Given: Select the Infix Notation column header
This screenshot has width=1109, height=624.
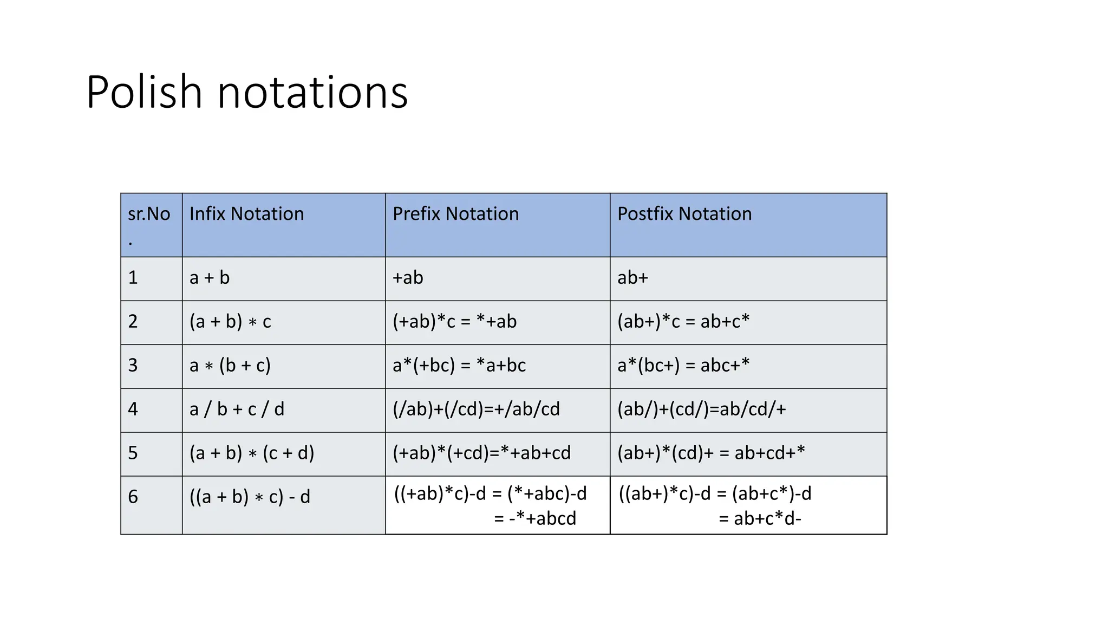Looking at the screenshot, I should pyautogui.click(x=246, y=214).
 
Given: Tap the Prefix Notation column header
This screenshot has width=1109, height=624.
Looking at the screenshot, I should pyautogui.click(x=455, y=214).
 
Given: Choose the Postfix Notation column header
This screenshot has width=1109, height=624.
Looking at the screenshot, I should pyautogui.click(x=684, y=214).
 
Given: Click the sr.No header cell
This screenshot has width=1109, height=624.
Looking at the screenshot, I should pyautogui.click(x=149, y=214).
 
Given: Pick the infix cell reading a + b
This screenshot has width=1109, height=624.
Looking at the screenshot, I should pyautogui.click(x=210, y=278).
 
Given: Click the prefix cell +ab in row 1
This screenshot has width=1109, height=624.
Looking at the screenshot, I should pyautogui.click(x=408, y=278).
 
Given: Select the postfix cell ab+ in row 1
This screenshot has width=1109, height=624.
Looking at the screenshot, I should pyautogui.click(x=632, y=278).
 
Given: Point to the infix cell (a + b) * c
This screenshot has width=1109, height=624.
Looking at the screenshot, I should pyautogui.click(x=230, y=322).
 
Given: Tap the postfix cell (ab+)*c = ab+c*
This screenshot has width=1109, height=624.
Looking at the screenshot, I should pyautogui.click(x=683, y=322).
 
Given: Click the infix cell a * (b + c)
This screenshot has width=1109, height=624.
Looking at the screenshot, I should pyautogui.click(x=230, y=366).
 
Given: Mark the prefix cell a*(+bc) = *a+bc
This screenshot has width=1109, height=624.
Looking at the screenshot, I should pyautogui.click(x=459, y=366).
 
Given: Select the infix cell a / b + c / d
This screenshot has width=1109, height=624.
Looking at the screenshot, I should pyautogui.click(x=237, y=409).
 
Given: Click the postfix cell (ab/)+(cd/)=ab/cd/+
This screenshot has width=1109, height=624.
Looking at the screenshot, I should pyautogui.click(x=701, y=409).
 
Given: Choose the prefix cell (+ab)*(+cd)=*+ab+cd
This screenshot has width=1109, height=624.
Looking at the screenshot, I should pyautogui.click(x=481, y=453).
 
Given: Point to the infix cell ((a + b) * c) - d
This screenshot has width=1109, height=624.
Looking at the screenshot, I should pyautogui.click(x=250, y=497).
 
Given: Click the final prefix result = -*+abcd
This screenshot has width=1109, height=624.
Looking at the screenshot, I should pyautogui.click(x=535, y=519).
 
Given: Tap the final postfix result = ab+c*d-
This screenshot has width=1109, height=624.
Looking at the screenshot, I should pyautogui.click(x=760, y=519).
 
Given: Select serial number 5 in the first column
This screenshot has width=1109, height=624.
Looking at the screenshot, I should pyautogui.click(x=133, y=453).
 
